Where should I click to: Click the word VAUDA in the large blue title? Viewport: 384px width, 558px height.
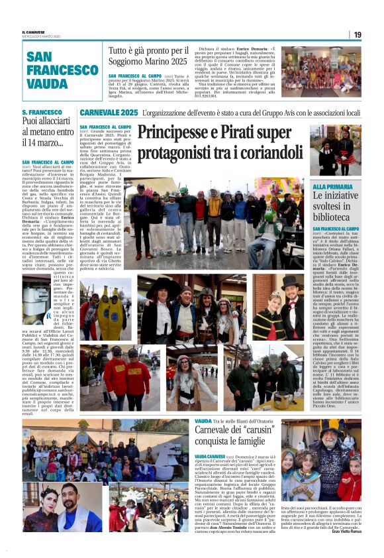coord(48,84)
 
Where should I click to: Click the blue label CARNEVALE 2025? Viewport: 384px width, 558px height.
coord(109,113)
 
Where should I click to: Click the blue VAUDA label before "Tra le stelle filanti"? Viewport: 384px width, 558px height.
coord(203,421)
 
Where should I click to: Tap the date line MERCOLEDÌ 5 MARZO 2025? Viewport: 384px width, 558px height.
coord(40,36)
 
